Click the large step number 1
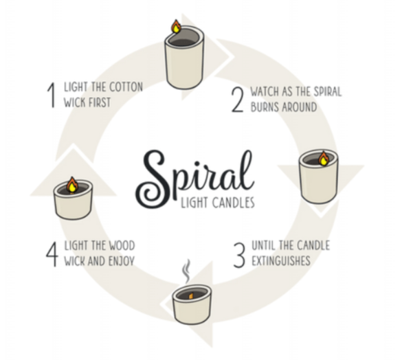[x=52, y=95]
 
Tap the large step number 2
[x=238, y=100]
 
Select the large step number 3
[x=239, y=255]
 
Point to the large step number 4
[x=52, y=254]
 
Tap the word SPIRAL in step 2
[x=328, y=91]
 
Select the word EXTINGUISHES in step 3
[x=281, y=260]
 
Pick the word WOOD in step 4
[x=122, y=246]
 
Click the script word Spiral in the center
[x=195, y=179]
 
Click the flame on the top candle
[x=176, y=26]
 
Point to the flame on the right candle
[x=324, y=159]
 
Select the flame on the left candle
[x=72, y=185]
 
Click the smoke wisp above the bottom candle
[x=187, y=271]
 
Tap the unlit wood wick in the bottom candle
[x=191, y=295]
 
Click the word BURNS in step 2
[x=265, y=106]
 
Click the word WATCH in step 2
[x=265, y=91]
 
